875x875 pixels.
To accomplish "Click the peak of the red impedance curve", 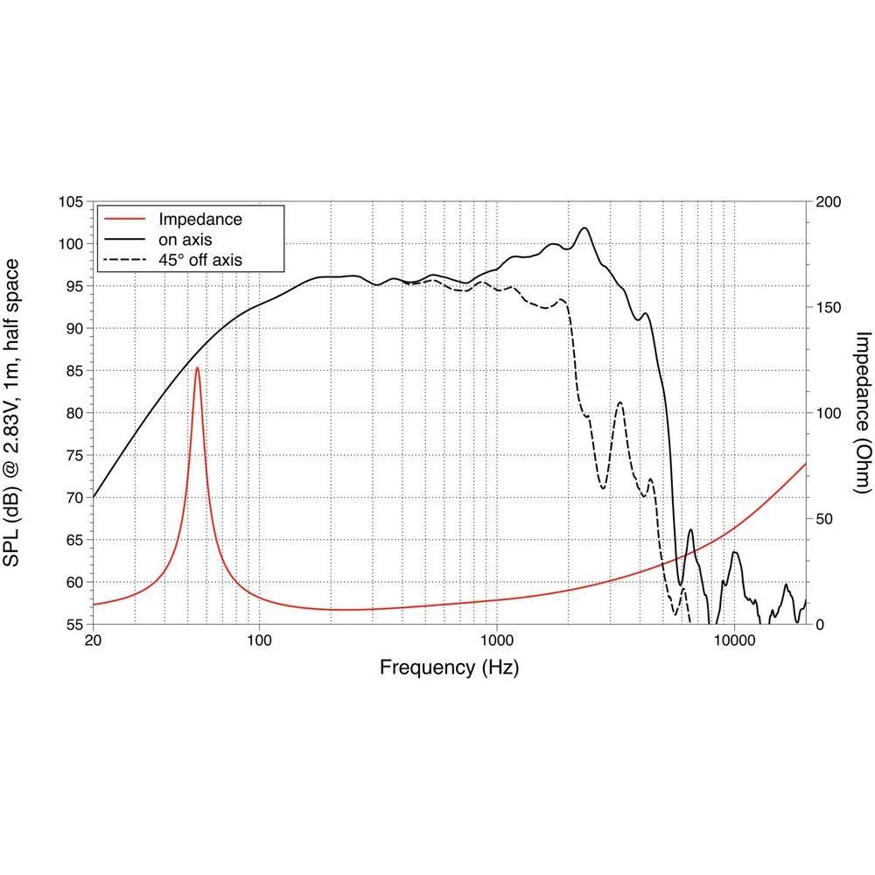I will (x=198, y=368).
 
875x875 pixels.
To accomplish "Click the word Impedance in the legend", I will (x=199, y=219).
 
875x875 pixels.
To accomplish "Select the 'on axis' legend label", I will (x=184, y=239).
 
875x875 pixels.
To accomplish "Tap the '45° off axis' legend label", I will (x=200, y=259).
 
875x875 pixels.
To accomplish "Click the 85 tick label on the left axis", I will (x=73, y=371).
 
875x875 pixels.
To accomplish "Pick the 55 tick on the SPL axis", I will (x=73, y=625).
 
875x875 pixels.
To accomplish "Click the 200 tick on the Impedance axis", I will (x=828, y=202).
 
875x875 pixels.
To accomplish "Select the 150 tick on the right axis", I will (x=828, y=308).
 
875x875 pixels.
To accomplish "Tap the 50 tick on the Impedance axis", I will (x=824, y=519).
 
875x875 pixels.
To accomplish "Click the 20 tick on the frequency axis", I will (x=93, y=640).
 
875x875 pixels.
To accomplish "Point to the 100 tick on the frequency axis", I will (x=259, y=640).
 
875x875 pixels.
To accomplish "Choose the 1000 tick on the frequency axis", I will (x=497, y=640).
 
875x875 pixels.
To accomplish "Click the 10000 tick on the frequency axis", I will (x=734, y=640).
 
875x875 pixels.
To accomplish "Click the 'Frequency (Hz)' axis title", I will (x=449, y=668).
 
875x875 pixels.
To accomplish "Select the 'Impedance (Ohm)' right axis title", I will (x=863, y=412).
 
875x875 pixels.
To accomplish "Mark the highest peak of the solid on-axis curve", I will (x=584, y=228).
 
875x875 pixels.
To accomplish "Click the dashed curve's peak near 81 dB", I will (x=619, y=403).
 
